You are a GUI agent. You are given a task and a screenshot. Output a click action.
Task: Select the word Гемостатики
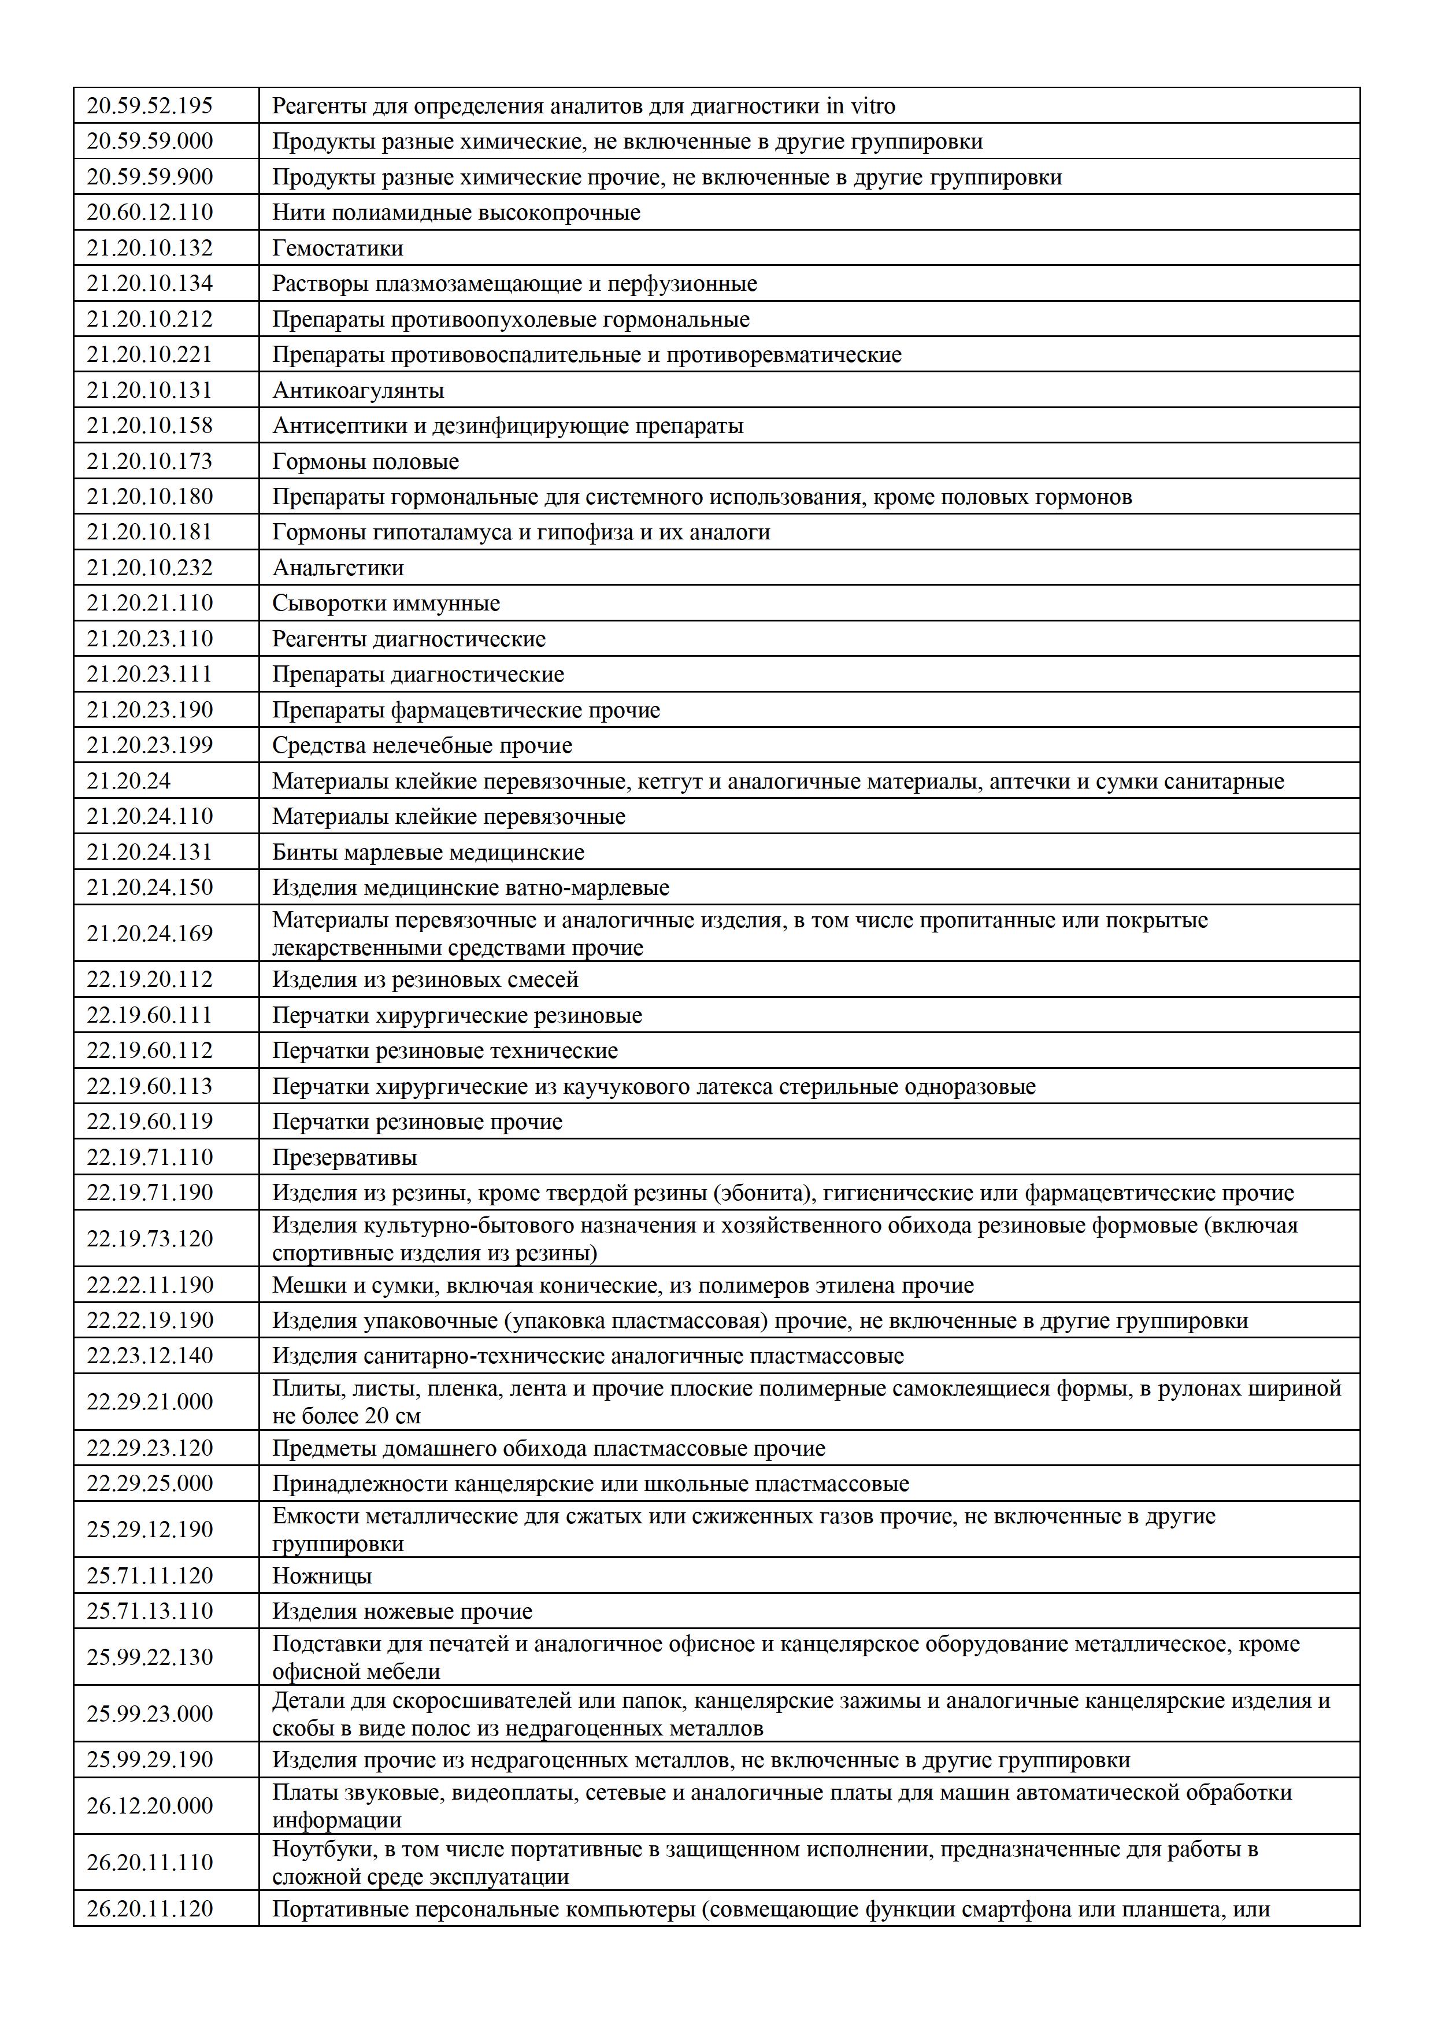(338, 248)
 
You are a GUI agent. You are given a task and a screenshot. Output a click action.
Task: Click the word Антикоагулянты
(358, 390)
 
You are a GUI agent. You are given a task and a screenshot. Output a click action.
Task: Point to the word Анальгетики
(338, 568)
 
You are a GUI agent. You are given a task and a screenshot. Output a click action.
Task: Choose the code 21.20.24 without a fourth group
(129, 781)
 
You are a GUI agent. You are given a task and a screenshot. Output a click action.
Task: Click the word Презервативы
(344, 1157)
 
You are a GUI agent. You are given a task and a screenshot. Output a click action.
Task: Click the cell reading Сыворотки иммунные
(386, 604)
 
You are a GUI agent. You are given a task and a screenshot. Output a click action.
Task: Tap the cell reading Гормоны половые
(365, 461)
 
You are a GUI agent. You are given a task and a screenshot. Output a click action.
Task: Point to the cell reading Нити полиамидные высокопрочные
(455, 213)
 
